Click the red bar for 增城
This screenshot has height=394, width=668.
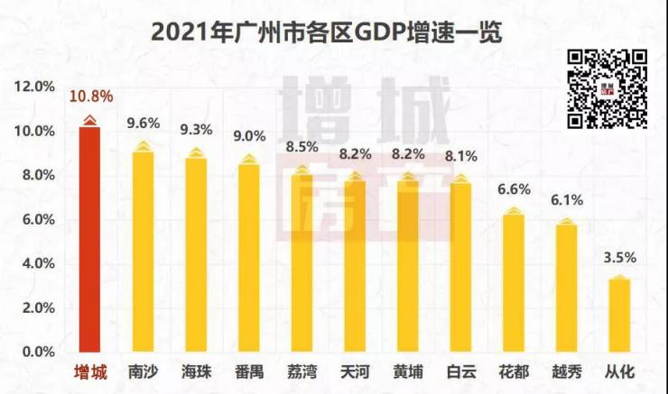click(89, 239)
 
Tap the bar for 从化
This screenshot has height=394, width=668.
click(617, 316)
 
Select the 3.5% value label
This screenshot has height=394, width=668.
click(618, 257)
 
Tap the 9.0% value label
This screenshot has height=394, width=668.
click(249, 136)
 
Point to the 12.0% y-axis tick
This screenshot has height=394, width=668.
click(34, 87)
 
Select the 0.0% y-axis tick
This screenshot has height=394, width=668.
click(37, 352)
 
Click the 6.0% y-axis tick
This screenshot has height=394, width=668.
click(37, 219)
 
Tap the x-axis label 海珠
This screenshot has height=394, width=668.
click(196, 371)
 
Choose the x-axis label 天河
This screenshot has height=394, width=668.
click(355, 371)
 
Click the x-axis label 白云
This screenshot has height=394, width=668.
click(460, 371)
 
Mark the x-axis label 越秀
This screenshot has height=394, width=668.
click(566, 371)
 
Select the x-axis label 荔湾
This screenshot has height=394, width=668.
click(302, 371)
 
